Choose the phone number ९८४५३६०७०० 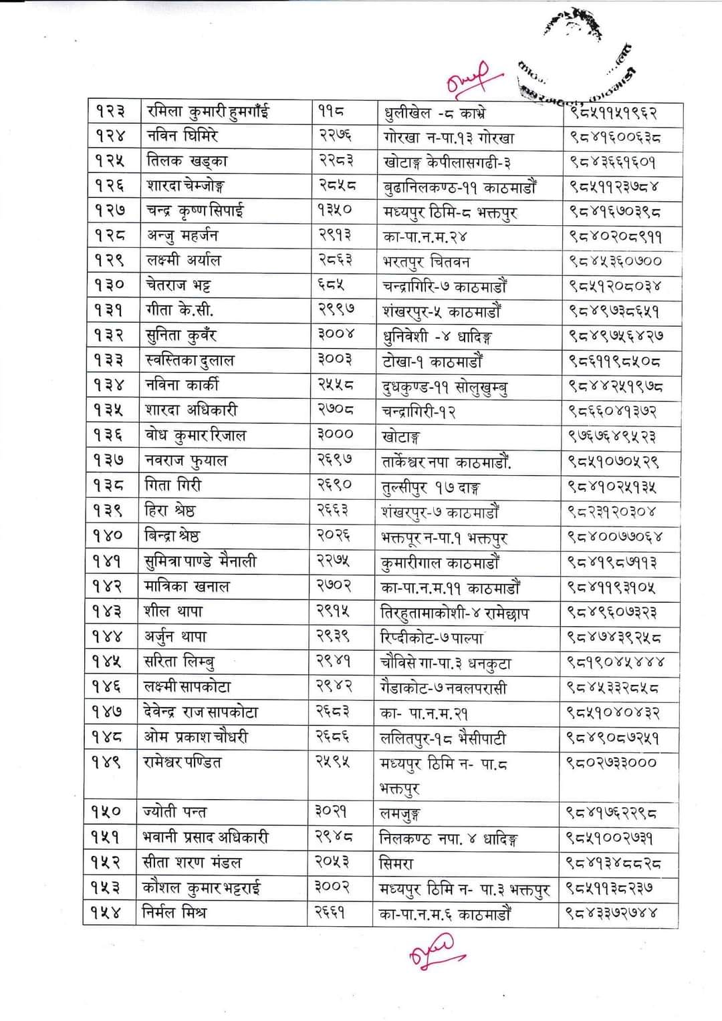click(615, 261)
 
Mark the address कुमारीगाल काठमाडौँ click(440, 563)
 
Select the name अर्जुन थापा click(176, 637)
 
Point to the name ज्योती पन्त click(175, 813)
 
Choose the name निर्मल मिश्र click(175, 912)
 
